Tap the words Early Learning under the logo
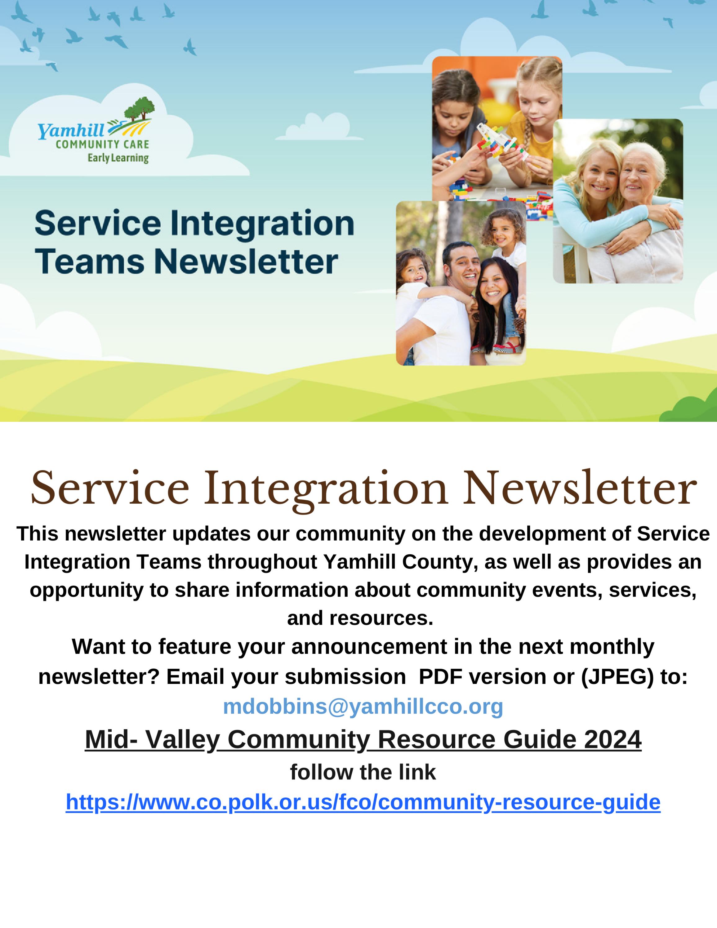[x=118, y=158]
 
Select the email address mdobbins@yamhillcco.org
[x=363, y=706]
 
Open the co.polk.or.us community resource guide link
[x=363, y=802]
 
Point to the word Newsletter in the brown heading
[x=580, y=489]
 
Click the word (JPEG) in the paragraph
[x=617, y=677]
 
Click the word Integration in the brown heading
[x=326, y=489]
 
